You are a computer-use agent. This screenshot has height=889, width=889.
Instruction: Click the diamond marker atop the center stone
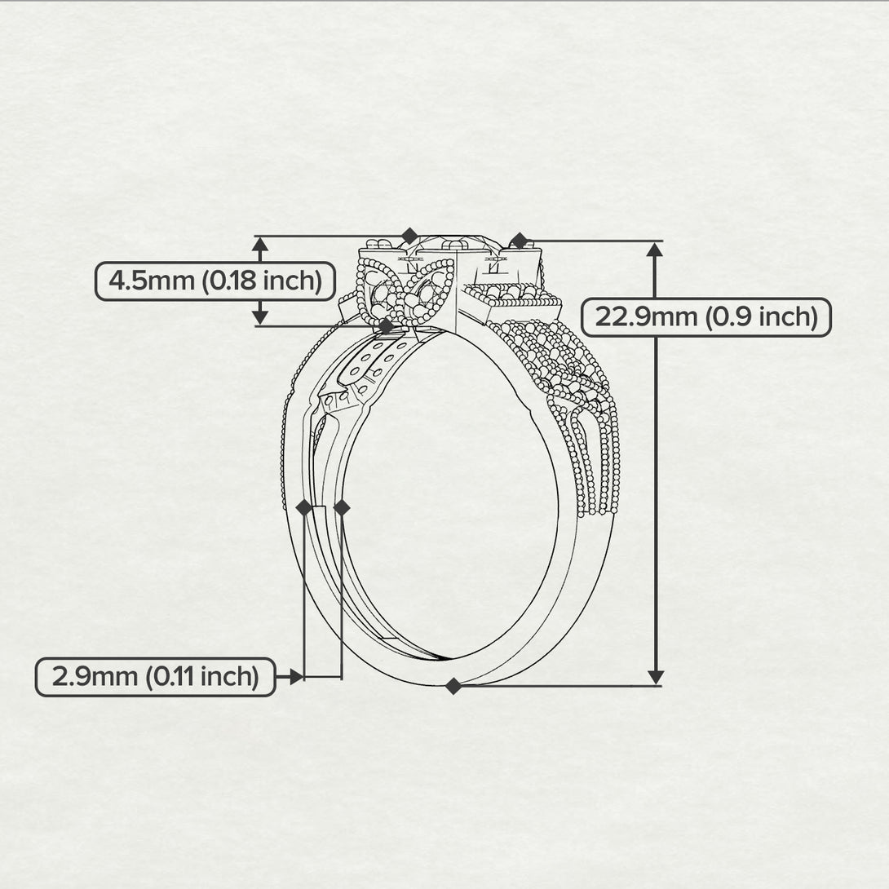(x=410, y=237)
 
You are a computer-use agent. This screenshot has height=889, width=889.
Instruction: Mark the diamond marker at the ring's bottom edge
(x=453, y=686)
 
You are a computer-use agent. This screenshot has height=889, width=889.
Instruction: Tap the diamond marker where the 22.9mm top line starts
(x=519, y=241)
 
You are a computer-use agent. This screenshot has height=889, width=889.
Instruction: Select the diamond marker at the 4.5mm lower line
(x=386, y=325)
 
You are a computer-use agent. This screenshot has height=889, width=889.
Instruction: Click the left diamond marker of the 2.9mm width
(x=304, y=508)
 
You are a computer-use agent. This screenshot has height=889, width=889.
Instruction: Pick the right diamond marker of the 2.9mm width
(x=342, y=508)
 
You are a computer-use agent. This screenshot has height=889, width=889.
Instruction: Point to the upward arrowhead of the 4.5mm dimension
(x=259, y=244)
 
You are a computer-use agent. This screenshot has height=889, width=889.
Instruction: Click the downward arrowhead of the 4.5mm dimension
(x=259, y=317)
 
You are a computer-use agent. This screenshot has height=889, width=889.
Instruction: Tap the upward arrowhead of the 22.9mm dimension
(x=655, y=250)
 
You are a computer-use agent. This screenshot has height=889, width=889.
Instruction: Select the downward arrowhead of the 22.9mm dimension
(x=655, y=677)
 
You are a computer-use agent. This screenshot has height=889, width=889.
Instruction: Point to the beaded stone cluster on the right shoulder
(x=555, y=359)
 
